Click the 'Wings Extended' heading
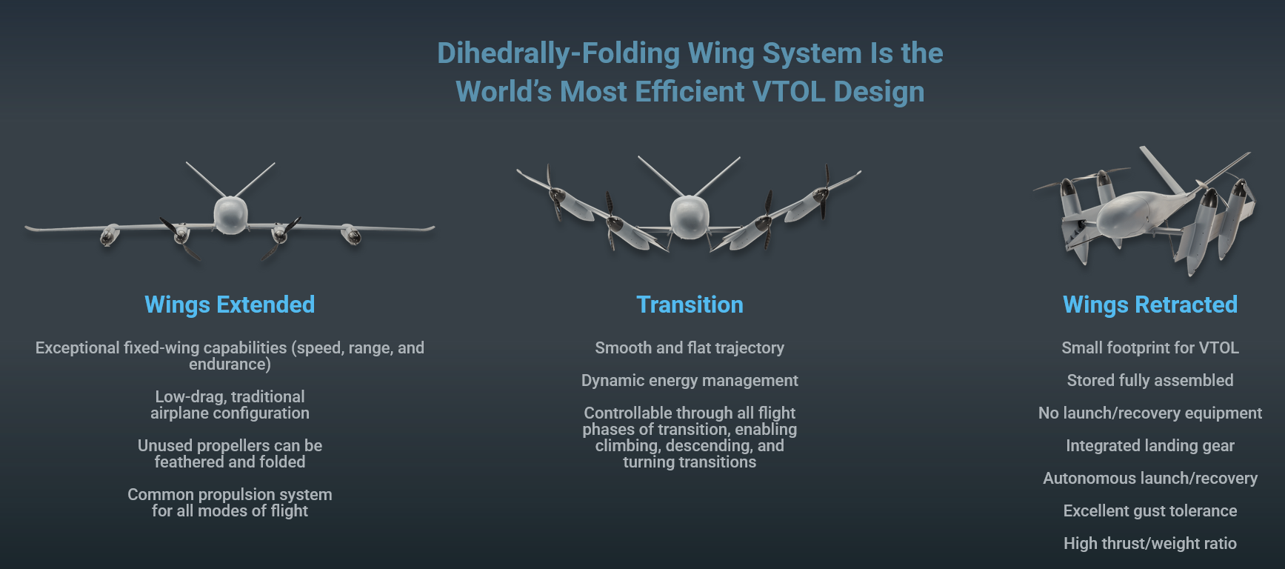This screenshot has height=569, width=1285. [x=230, y=305]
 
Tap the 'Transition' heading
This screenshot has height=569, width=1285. [x=690, y=305]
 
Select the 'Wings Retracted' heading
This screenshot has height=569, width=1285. [x=1150, y=305]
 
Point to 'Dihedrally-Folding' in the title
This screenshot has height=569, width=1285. [x=558, y=53]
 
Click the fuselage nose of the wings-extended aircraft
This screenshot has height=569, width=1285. [x=230, y=216]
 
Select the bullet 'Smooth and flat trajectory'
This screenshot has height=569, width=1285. [x=690, y=348]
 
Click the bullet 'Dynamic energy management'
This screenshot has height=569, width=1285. [x=690, y=381]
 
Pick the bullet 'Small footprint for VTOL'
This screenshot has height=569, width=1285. [x=1150, y=348]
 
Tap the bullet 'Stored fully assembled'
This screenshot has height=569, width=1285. [x=1150, y=381]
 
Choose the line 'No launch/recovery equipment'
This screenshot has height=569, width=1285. [x=1150, y=413]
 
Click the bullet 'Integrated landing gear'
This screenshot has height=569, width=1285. [x=1150, y=446]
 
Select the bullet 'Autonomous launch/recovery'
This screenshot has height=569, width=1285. [x=1150, y=479]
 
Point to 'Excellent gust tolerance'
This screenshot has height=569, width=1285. [x=1150, y=511]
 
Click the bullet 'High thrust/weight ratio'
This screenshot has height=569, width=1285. [x=1150, y=544]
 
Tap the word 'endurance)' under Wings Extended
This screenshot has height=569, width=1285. [x=230, y=365]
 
